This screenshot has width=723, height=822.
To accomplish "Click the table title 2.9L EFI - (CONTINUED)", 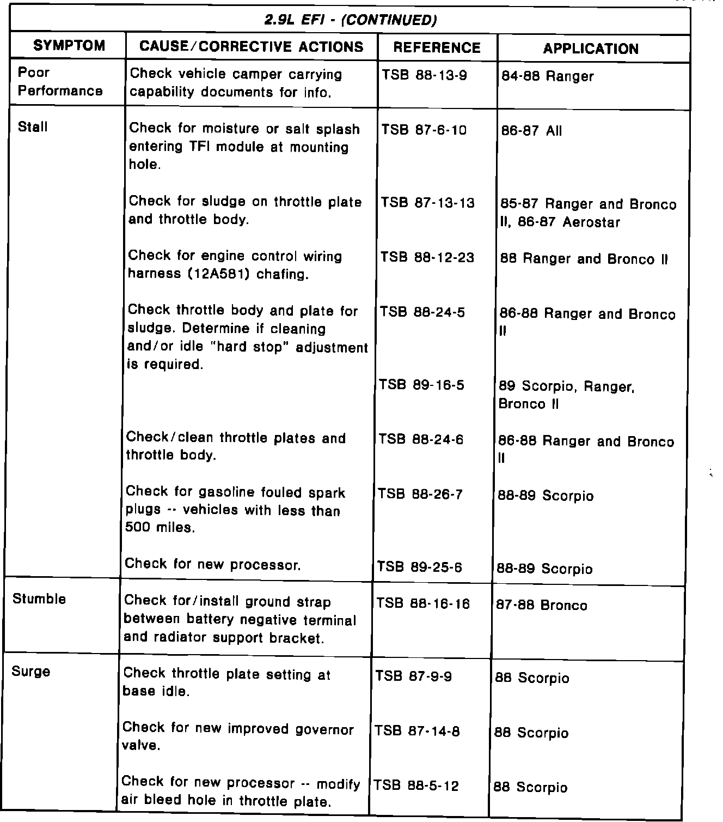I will tap(351, 21).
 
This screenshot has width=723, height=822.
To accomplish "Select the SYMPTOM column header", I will tap(69, 46).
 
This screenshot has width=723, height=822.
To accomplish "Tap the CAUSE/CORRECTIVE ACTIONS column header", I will tap(251, 47).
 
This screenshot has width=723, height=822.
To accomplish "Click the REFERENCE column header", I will tap(437, 48).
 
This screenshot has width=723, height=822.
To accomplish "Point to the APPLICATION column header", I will tap(591, 49).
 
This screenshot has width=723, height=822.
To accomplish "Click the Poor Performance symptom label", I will tap(60, 82).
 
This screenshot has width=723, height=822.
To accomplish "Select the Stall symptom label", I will tap(33, 127).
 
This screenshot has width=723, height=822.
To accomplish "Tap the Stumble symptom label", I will tap(39, 599).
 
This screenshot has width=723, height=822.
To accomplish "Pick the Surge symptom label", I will tap(31, 672).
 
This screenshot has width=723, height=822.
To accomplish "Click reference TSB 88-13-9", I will tap(424, 75).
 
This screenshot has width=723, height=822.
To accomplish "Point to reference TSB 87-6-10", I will tap(424, 130).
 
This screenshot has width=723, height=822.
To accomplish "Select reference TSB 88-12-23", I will tap(427, 257).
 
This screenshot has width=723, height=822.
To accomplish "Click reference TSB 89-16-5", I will tap(422, 385).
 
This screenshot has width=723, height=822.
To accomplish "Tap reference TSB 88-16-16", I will tap(423, 604).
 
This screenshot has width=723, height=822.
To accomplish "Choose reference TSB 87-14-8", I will tap(417, 731).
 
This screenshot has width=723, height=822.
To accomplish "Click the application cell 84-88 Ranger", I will tap(547, 76).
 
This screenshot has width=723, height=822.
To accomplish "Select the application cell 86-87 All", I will tap(531, 131).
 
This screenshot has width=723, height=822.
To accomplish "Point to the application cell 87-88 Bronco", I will tap(542, 606).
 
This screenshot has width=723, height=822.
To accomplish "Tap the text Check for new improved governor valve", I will tap(238, 736).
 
